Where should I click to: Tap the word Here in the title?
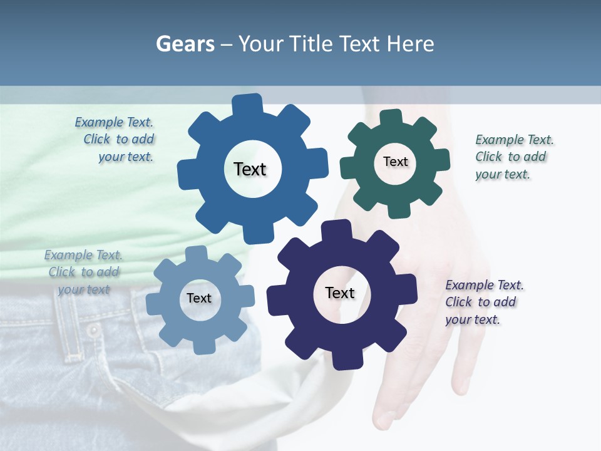click(411, 44)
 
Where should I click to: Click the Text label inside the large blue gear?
click(250, 169)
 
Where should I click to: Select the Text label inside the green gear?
click(395, 162)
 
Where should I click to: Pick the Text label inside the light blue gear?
click(199, 298)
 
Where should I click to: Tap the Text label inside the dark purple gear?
click(340, 293)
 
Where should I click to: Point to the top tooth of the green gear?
click(391, 118)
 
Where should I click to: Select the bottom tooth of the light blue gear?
click(202, 346)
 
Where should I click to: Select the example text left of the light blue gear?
click(84, 272)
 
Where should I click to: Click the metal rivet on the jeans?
click(94, 330)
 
